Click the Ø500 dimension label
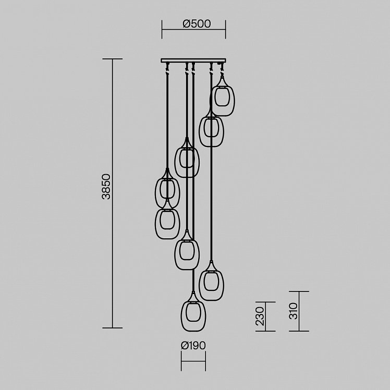pos(197,23)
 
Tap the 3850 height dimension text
pos(106,186)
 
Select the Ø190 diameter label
pos(193,346)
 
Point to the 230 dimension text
pos(260,316)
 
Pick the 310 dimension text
pos(293,311)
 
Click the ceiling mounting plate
pos(193,60)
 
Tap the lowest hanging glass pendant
pos(193,311)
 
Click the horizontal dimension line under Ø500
pos(194,29)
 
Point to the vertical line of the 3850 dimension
pos(113,193)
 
